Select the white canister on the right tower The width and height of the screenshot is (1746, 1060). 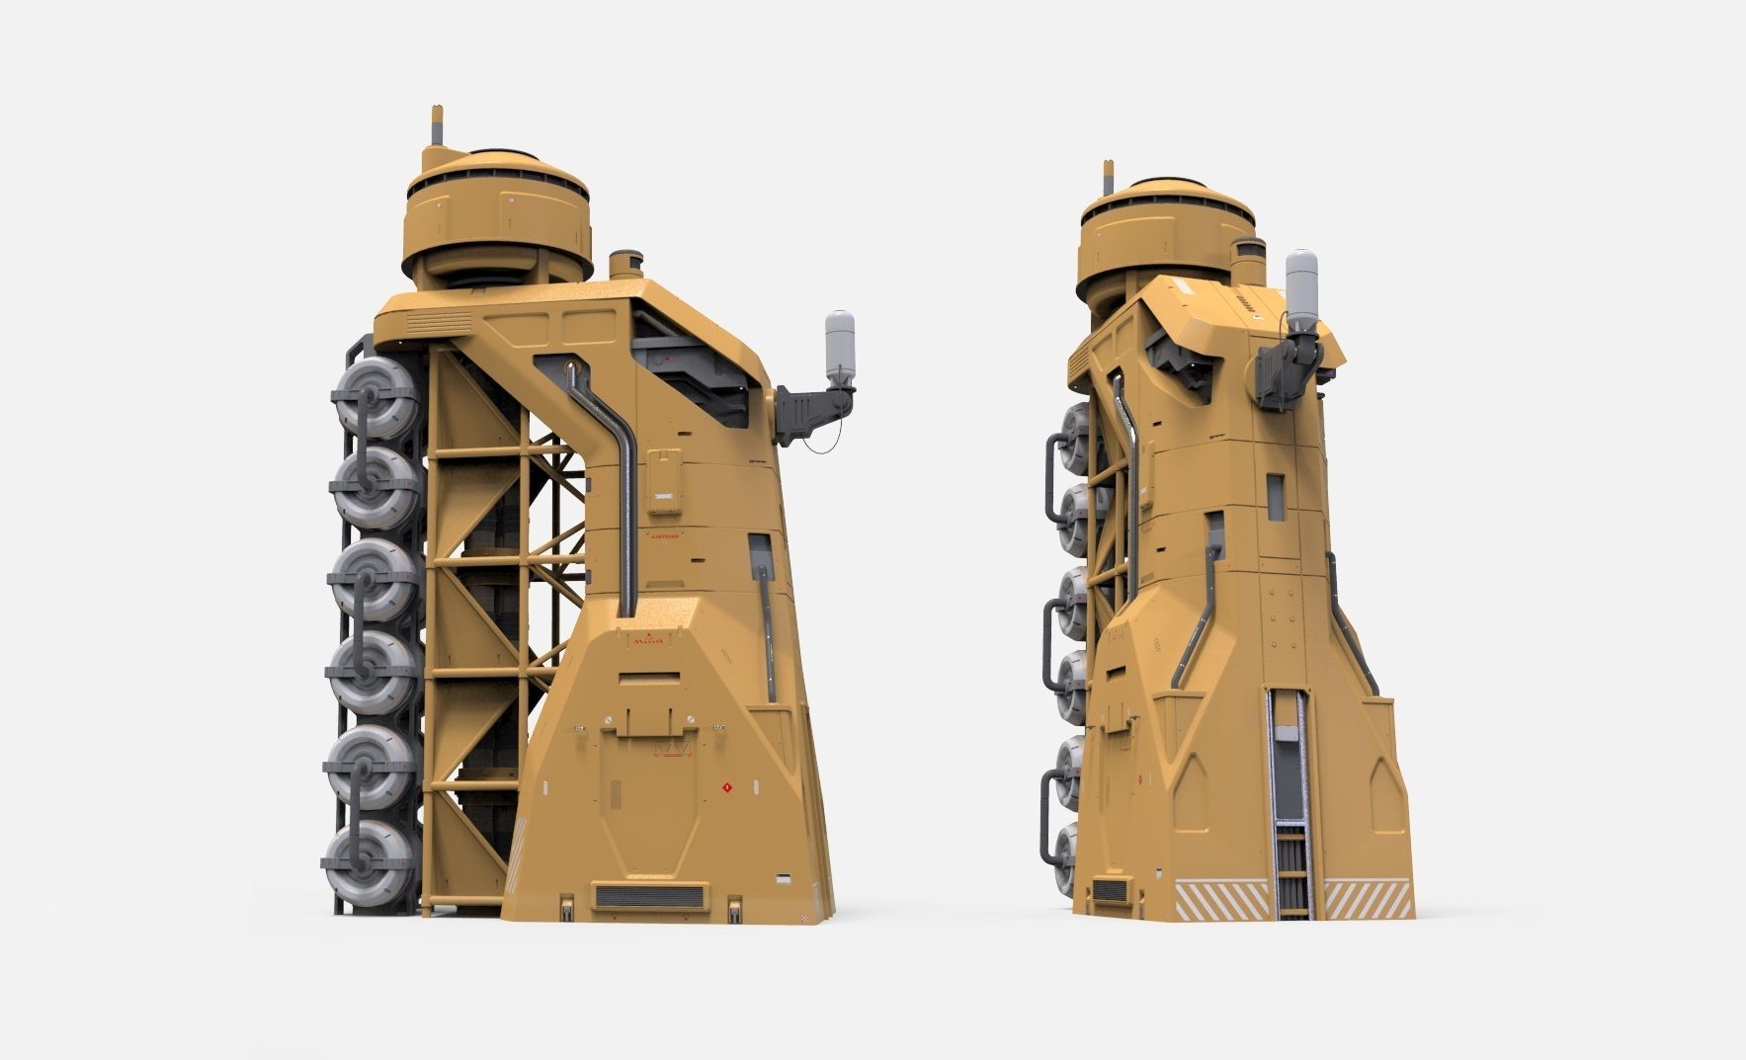coord(1300,282)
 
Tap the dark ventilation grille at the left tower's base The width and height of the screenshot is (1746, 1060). coord(649,897)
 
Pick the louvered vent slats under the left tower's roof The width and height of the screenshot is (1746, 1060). coord(439,322)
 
